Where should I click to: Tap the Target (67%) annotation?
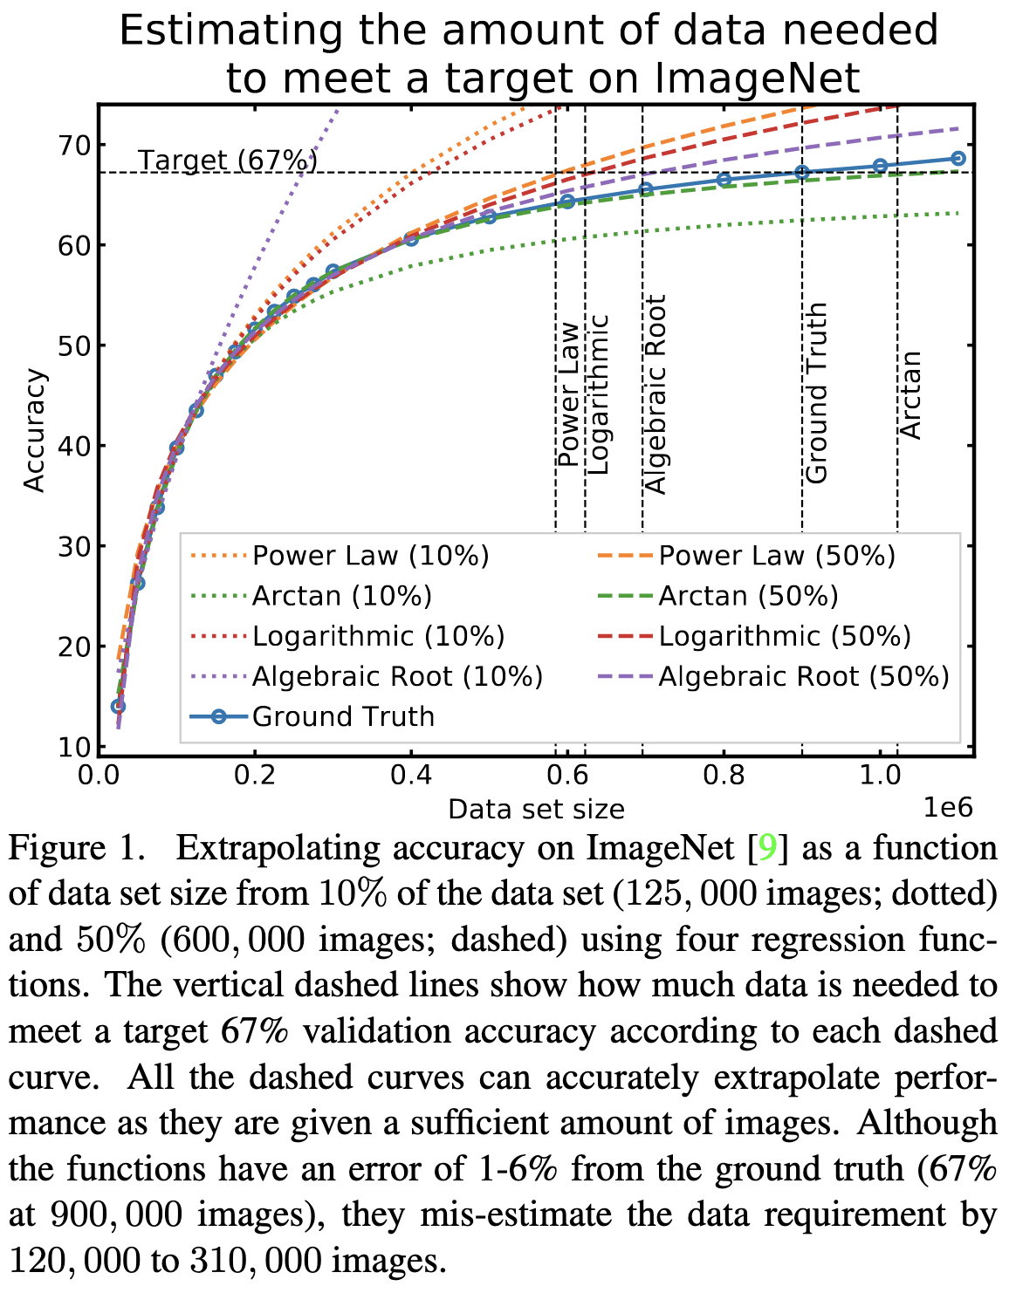tap(227, 161)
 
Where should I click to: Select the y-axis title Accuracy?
tap(35, 431)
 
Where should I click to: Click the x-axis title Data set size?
tap(536, 810)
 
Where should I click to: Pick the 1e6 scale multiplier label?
tap(948, 807)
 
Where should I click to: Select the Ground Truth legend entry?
tap(343, 716)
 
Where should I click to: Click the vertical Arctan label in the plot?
tap(910, 395)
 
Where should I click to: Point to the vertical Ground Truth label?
tap(815, 393)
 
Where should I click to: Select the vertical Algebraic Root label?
tap(655, 394)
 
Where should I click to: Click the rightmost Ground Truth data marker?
tap(958, 158)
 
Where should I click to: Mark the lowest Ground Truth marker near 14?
tap(118, 706)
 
